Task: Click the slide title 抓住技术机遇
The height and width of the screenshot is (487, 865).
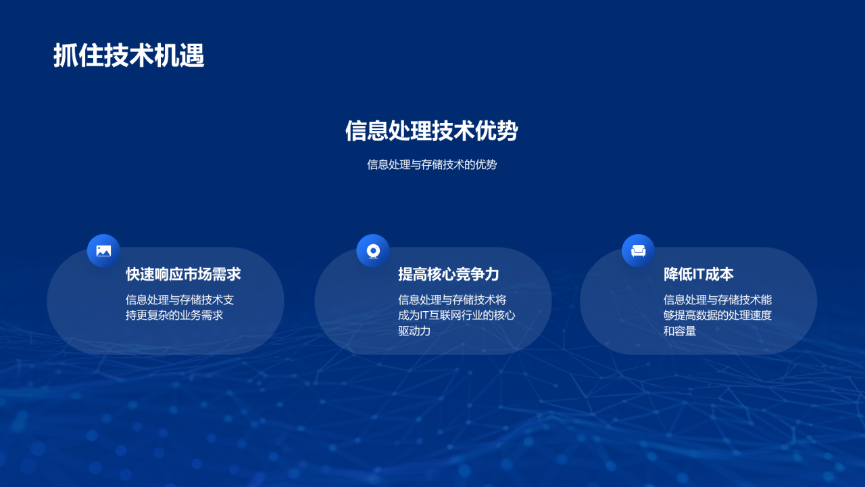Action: pos(128,56)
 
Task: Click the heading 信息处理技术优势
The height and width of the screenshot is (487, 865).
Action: pos(431,131)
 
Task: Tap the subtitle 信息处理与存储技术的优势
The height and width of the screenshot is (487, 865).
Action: pos(432,164)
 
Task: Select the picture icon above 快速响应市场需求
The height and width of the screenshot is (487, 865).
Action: pos(103,251)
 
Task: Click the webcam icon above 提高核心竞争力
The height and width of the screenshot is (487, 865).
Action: pos(373,251)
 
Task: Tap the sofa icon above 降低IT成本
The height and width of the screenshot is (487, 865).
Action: pos(638,251)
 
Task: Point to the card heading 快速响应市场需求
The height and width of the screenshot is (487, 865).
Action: pos(183,274)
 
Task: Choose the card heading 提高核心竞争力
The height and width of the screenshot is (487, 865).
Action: pos(448,274)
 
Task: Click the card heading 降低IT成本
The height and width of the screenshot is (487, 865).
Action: pos(698,274)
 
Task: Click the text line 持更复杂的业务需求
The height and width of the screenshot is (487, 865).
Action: pos(174,315)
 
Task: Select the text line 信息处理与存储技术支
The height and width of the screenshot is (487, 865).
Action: pos(180,300)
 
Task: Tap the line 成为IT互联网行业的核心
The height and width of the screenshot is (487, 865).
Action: pos(456,315)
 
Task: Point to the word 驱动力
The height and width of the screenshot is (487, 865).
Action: pos(414,331)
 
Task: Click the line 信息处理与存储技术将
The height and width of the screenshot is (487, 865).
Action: pos(452,300)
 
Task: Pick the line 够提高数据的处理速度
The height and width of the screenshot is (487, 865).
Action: pos(718,315)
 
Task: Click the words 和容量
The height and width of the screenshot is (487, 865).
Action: pos(680,331)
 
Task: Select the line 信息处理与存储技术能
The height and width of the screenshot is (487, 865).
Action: pos(718,300)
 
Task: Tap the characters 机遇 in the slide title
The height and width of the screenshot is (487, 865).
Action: pos(179,56)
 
